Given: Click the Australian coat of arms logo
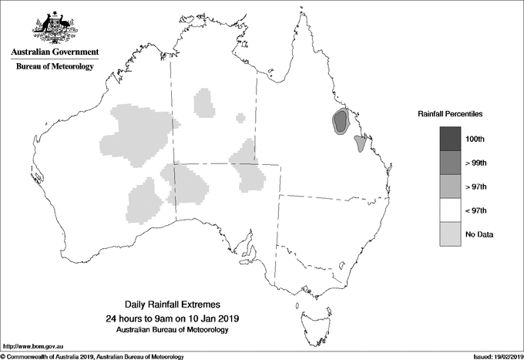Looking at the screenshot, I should click(54, 28).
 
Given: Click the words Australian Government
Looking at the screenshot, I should click(55, 52).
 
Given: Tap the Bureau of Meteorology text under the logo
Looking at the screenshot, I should click(55, 67).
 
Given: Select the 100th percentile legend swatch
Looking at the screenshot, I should click(451, 138).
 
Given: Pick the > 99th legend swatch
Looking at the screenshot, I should click(451, 162).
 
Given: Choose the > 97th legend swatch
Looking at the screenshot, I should click(451, 186).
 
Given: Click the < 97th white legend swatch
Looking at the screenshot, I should click(451, 210).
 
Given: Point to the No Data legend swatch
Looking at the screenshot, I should click(451, 234).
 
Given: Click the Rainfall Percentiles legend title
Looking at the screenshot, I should click(450, 113).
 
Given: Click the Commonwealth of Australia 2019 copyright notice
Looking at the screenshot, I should click(92, 356).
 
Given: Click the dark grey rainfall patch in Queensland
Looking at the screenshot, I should click(341, 120).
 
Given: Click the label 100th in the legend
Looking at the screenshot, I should click(475, 139).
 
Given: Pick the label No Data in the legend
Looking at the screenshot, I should click(479, 234).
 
